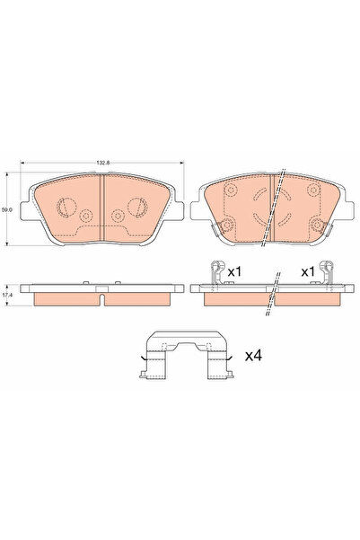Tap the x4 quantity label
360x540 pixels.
coord(253,357)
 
